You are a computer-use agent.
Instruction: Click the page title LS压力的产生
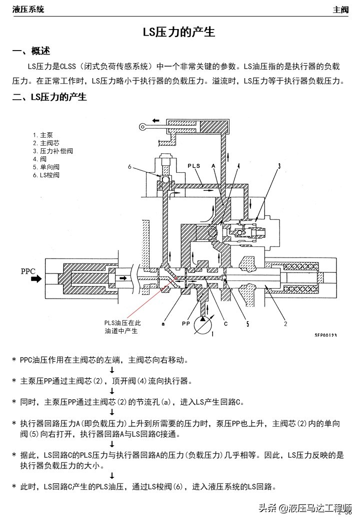coord(179,32)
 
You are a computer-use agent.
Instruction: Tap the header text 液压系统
coord(28,9)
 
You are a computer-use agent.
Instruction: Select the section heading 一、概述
coord(31,51)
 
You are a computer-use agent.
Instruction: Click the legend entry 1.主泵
coord(42,135)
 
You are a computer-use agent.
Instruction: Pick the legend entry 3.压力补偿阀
coord(53,151)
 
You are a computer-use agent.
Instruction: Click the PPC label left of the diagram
coord(28,272)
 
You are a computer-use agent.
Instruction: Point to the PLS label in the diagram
coord(194,165)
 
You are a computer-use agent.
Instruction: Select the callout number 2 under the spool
coord(285,324)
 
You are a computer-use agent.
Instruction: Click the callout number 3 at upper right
coord(279,165)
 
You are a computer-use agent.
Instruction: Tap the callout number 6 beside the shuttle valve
coord(129,167)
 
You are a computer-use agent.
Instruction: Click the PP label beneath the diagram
coord(185,324)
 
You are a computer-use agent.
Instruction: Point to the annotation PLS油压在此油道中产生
coord(122,327)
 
